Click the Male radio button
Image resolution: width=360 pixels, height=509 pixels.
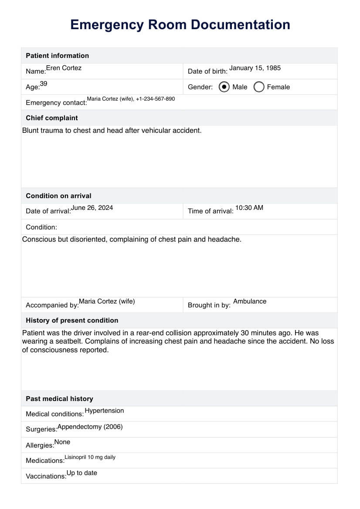click(x=224, y=87)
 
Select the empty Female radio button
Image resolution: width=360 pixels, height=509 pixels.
click(x=259, y=87)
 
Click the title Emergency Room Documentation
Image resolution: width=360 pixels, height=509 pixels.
click(x=180, y=25)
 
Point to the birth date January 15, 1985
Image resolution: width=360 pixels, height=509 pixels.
click(x=255, y=68)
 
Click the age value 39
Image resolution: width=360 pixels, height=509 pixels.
click(x=44, y=84)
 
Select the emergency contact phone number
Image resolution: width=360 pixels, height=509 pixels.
click(x=155, y=99)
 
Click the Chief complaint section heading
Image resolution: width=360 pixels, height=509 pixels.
click(x=52, y=118)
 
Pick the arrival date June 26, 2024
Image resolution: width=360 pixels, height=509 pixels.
click(x=92, y=208)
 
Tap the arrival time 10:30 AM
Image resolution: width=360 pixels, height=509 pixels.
click(x=249, y=208)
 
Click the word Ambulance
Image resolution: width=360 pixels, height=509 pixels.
click(x=250, y=301)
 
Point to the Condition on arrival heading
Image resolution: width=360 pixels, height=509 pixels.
click(x=58, y=196)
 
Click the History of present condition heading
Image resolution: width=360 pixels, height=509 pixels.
click(x=72, y=320)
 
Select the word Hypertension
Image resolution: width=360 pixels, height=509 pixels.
click(x=104, y=411)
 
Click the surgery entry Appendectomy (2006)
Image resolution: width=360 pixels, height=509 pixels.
click(x=90, y=427)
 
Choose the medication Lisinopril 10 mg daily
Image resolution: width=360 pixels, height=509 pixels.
click(x=90, y=457)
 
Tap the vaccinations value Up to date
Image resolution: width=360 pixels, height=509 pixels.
click(x=82, y=473)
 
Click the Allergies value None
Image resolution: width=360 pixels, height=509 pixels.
click(x=62, y=442)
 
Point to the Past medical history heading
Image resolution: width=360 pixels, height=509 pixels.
click(x=59, y=399)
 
